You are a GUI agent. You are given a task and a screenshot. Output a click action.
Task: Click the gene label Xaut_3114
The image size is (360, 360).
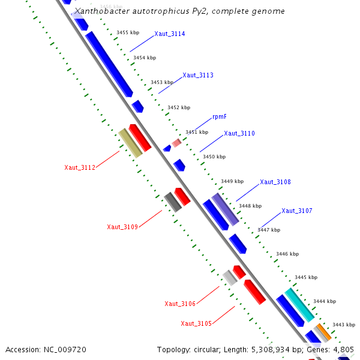point(169,34)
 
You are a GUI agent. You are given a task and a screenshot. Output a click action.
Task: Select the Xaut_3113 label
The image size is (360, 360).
point(198,76)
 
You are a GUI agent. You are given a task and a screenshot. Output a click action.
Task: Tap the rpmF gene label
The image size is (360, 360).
point(220,117)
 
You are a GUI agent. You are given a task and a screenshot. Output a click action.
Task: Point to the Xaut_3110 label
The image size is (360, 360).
point(239,134)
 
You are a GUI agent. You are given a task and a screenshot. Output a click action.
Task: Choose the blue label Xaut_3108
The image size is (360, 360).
point(275,182)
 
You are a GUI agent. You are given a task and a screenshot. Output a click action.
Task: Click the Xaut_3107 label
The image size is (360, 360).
point(297,211)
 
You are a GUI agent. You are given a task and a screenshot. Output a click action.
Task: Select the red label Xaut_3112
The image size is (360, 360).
point(80,168)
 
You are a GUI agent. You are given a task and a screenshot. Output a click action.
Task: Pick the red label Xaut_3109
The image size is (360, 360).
point(122,227)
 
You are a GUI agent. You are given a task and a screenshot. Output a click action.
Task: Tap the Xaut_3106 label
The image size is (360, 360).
point(180,304)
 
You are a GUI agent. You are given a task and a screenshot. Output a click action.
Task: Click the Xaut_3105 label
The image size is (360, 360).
point(196,324)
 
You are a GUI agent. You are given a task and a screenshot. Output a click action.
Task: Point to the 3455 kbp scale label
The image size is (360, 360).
point(128,32)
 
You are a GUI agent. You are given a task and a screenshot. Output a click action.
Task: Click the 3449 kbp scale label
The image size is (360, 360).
point(232,181)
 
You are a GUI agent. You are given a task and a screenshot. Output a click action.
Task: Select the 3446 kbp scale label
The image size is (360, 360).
point(287,254)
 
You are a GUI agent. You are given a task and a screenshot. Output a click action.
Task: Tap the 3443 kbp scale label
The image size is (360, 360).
point(343,325)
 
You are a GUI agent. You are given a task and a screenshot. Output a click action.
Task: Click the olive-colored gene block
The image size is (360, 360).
point(130,143)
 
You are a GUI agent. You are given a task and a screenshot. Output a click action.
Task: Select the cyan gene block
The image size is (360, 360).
point(299,305)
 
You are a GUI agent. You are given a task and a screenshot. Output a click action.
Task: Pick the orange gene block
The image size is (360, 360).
point(323,331)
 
